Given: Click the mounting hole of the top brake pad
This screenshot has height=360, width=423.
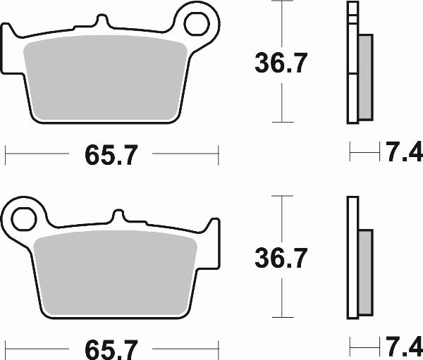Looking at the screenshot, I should coord(195,23).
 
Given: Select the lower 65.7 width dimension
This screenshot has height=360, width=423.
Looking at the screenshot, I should coord(111,349).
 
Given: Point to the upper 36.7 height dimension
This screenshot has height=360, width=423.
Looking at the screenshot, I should coord(280,64).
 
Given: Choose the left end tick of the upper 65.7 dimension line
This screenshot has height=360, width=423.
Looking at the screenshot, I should coord(6,154).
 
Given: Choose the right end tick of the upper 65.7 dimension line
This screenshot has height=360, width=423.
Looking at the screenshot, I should coord(219,154).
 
